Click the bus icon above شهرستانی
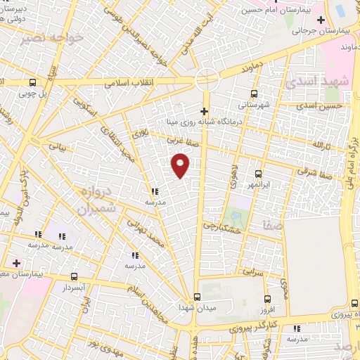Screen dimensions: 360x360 [x=255, y=93]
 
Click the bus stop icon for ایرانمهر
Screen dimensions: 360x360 [x=258, y=173]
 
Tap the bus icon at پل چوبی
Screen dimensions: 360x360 [x=33, y=82]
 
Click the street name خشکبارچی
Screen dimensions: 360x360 [x=222, y=227]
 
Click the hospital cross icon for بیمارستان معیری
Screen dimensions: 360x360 [x=16, y=263]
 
